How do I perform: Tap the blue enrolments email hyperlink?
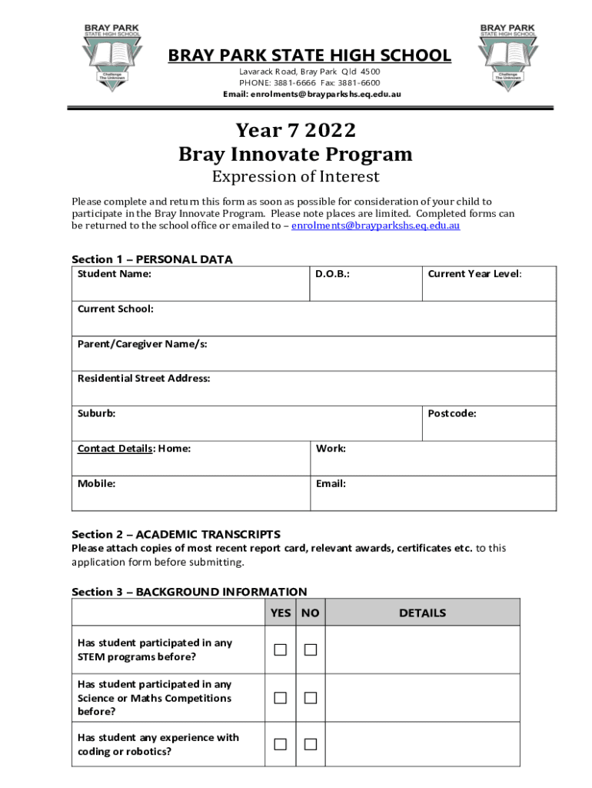pos(376,226)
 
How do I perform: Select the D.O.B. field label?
pos(332,273)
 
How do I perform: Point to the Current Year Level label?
pos(474,273)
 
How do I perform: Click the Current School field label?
pos(115,309)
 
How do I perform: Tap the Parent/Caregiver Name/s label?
pos(141,343)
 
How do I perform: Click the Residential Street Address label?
pos(144,378)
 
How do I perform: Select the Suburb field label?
pos(97,413)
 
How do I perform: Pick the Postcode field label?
pos(452,413)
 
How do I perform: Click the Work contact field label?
pos(331,448)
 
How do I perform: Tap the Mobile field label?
pos(97,483)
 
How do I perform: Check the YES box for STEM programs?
pos(281,650)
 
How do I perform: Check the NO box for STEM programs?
pos(311,650)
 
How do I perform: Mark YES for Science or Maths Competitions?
pos(281,698)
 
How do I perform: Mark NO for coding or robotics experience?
pos(311,744)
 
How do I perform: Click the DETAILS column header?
pos(422,613)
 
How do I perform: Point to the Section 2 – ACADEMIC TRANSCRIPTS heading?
pos(176,534)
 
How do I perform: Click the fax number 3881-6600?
pos(361,82)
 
